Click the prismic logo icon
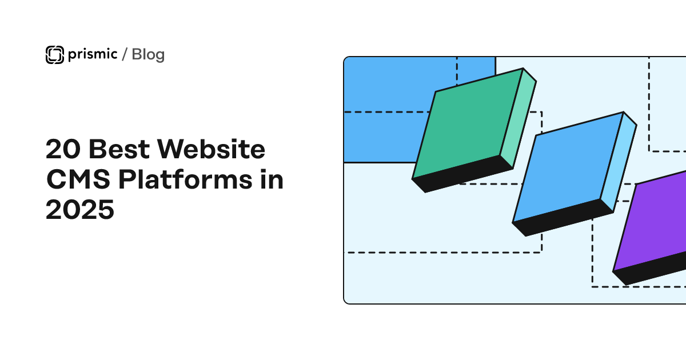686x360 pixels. point(54,54)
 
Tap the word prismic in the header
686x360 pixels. point(91,54)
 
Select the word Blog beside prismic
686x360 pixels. point(148,55)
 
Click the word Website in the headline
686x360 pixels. point(211,150)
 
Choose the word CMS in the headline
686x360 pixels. point(78,181)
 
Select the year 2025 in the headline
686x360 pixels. point(80,210)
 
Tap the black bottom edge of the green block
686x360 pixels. point(463,174)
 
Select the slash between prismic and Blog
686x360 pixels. point(125,55)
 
